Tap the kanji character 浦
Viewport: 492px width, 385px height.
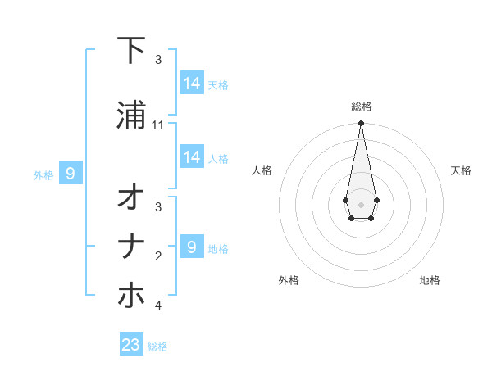[131, 115]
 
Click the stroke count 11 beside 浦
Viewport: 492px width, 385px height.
[158, 125]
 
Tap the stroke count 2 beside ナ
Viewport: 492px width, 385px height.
[158, 256]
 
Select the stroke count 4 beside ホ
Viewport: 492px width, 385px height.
[158, 306]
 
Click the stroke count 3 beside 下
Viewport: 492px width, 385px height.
[158, 60]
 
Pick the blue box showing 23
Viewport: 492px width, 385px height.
[131, 345]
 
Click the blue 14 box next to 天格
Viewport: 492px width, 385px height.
[192, 83]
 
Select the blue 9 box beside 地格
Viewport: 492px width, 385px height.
[192, 247]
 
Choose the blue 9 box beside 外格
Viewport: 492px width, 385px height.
[71, 174]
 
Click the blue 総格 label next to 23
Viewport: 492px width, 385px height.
[157, 346]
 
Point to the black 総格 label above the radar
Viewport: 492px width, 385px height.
[362, 106]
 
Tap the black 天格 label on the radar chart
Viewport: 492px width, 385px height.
[461, 170]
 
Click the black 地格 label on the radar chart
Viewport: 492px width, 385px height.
[430, 280]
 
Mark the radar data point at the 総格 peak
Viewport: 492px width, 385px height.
[361, 124]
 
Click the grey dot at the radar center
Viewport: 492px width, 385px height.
[361, 204]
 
